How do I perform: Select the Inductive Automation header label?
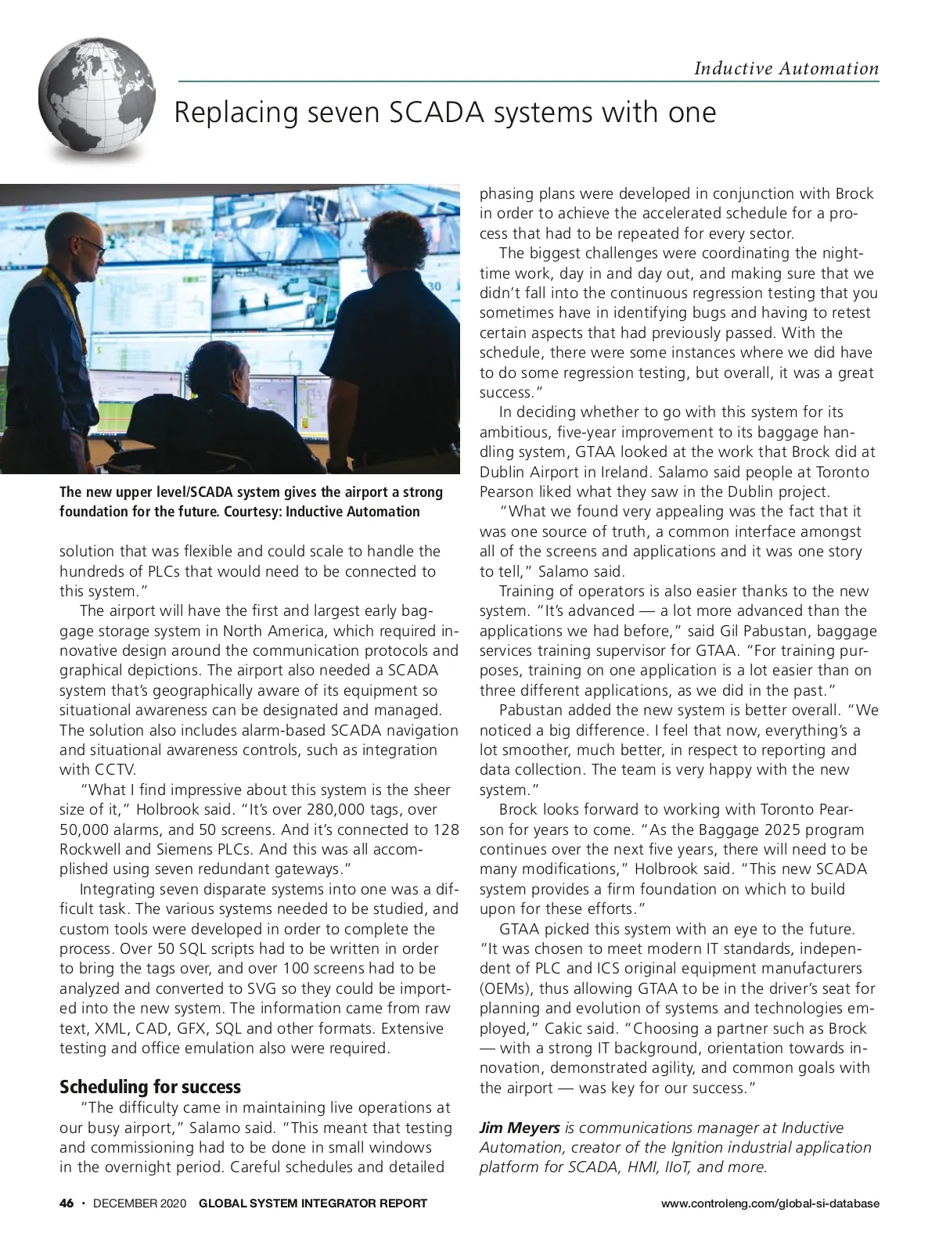pos(786,68)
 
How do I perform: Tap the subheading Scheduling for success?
pos(150,1086)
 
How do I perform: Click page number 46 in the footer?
pos(67,1203)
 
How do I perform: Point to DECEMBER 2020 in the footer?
pos(139,1203)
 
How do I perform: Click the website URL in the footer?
pos(770,1203)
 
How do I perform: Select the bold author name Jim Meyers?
pos(520,1128)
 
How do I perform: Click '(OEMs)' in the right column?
pos(506,988)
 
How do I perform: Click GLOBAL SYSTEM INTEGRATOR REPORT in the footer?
pos(313,1203)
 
